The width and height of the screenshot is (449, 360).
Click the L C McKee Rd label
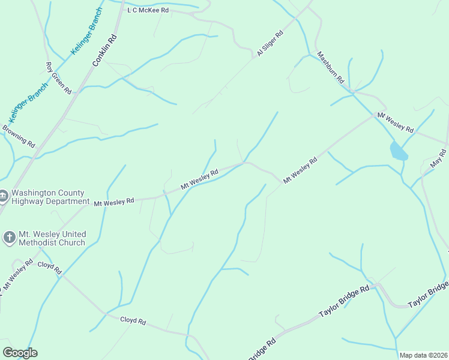(x=148, y=10)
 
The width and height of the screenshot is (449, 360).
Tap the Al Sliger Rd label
(x=270, y=44)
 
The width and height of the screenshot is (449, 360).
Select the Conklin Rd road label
(x=103, y=51)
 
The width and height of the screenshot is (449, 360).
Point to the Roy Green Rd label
(x=59, y=78)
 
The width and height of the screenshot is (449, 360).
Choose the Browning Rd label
(x=19, y=136)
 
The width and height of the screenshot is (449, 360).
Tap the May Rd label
(x=439, y=161)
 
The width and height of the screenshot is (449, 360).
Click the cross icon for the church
(x=9, y=238)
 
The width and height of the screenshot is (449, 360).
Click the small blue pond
(x=398, y=151)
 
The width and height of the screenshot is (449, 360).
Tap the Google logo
(x=20, y=353)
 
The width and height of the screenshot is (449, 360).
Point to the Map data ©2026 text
(x=423, y=355)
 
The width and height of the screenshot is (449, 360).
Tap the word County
(x=73, y=193)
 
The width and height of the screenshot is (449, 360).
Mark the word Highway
(x=28, y=202)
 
